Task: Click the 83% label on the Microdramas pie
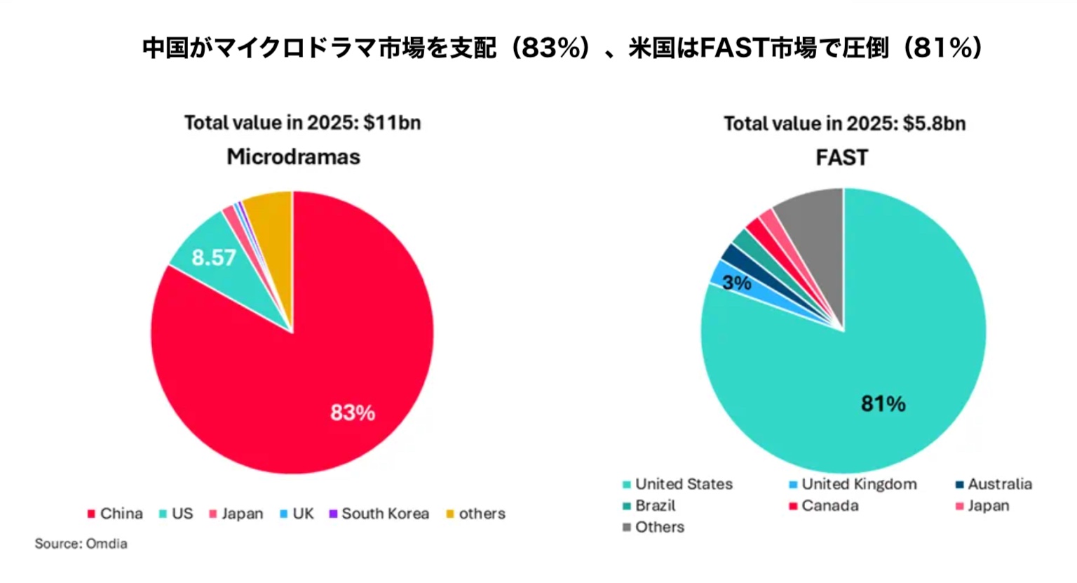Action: pyautogui.click(x=353, y=413)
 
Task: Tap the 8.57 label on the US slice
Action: pyautogui.click(x=214, y=257)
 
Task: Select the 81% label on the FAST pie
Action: pyautogui.click(x=883, y=403)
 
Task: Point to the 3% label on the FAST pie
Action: pyautogui.click(x=736, y=283)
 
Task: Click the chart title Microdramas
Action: pyautogui.click(x=293, y=156)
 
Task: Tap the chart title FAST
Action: pyautogui.click(x=841, y=157)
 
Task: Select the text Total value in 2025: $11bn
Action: pyautogui.click(x=302, y=123)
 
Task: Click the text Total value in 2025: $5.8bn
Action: pyautogui.click(x=844, y=124)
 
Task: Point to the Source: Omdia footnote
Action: pyautogui.click(x=81, y=544)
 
